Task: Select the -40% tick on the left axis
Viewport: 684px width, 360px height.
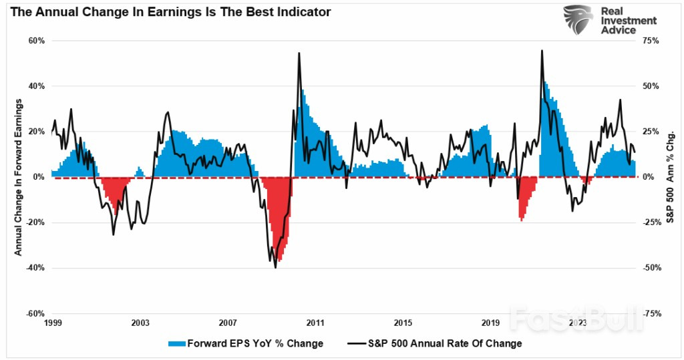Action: click(35, 268)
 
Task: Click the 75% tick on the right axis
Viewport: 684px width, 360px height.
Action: click(651, 41)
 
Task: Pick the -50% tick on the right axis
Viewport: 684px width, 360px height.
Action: click(651, 268)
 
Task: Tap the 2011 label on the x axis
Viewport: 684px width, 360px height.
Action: click(315, 323)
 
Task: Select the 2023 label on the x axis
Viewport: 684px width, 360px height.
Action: click(578, 323)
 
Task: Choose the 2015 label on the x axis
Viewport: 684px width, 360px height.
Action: click(403, 323)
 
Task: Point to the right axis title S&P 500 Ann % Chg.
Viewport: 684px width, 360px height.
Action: click(670, 177)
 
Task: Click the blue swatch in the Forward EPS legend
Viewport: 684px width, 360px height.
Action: click(176, 343)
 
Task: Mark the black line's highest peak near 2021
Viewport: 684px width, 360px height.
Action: click(541, 51)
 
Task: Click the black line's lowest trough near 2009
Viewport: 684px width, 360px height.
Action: click(275, 267)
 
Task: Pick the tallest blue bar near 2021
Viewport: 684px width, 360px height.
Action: click(545, 83)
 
